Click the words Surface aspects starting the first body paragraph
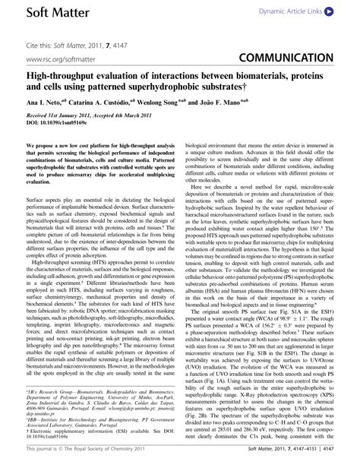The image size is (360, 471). (44, 203)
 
